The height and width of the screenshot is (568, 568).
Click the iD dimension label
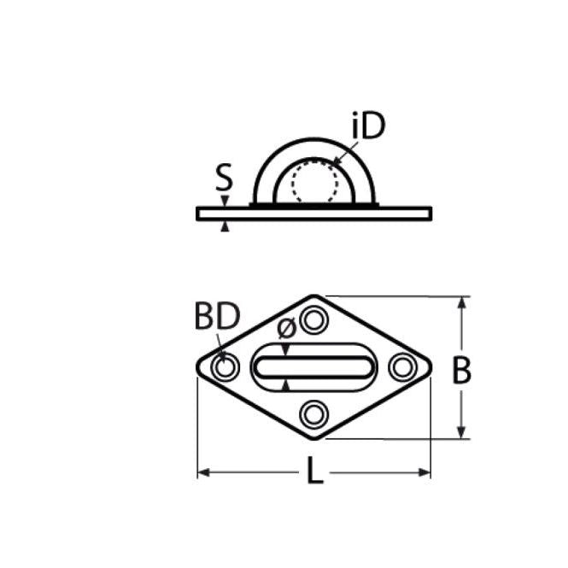click(x=367, y=126)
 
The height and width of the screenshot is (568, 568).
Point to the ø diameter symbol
click(x=287, y=327)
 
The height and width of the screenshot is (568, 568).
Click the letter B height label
click(x=461, y=371)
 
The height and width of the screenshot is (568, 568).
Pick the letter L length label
click(x=315, y=473)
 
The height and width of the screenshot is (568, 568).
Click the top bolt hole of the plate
click(x=314, y=320)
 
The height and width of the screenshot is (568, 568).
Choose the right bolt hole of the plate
click(x=401, y=367)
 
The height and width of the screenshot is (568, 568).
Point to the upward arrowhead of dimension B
click(x=464, y=303)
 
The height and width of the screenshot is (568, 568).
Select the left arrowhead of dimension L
click(x=204, y=471)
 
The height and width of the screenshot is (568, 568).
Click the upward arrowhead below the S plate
click(x=225, y=226)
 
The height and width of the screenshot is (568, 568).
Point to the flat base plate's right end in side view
click(x=429, y=213)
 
